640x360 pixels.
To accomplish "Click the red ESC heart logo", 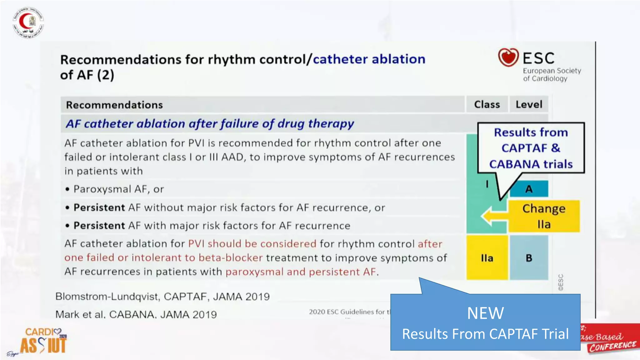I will [508, 57].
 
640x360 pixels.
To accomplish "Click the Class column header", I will [487, 104].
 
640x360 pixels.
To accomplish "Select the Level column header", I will [529, 104].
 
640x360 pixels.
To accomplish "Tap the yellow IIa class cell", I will [487, 258].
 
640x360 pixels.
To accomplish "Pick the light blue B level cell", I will [529, 258].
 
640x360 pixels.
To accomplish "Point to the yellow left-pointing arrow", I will [493, 216].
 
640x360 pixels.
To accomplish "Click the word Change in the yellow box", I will [544, 208].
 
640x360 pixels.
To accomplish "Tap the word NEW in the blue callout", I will [485, 313].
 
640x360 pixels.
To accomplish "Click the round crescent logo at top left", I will [28, 22].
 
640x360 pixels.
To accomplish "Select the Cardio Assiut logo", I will [44, 341].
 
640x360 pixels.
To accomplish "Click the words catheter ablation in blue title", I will [369, 59].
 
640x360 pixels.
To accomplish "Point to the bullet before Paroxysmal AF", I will [67, 189].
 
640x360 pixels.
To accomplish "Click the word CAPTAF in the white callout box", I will [524, 148].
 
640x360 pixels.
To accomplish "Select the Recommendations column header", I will [114, 105].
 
